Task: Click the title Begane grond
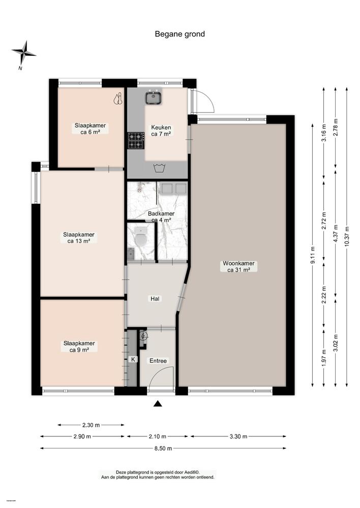tap(179, 34)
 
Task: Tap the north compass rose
tap(24, 53)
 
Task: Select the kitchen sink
tap(154, 97)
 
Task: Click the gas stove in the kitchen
tap(136, 140)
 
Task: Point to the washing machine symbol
tap(159, 168)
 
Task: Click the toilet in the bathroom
tap(140, 236)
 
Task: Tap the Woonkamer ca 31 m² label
tap(238, 266)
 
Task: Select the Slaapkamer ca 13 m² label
tap(79, 237)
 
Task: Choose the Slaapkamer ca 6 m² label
tap(90, 129)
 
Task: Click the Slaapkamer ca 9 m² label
tap(79, 346)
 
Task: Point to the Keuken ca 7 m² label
tap(161, 131)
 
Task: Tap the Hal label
tap(155, 299)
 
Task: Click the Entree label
tap(158, 361)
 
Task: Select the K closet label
tap(133, 359)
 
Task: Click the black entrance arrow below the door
tap(158, 403)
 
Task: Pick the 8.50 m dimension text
tap(163, 449)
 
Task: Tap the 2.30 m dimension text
tap(91, 425)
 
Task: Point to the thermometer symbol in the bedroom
tap(118, 99)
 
